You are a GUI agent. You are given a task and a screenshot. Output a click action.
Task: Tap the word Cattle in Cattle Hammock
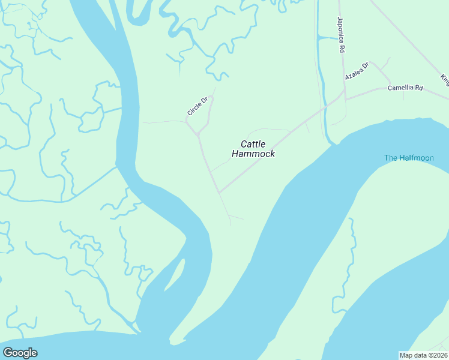click(253, 144)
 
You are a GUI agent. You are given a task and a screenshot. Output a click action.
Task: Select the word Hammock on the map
click(253, 154)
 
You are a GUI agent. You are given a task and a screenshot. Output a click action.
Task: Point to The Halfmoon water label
click(409, 158)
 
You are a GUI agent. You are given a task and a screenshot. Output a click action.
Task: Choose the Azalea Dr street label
click(357, 71)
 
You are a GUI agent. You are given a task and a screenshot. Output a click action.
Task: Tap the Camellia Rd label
click(405, 88)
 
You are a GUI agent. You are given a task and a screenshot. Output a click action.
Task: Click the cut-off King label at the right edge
click(444, 79)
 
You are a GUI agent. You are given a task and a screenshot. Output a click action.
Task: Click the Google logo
click(20, 353)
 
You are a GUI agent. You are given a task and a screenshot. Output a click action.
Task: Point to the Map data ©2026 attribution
click(424, 355)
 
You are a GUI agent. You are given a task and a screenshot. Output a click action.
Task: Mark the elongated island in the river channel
click(175, 274)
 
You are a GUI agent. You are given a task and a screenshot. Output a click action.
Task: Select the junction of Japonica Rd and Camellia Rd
click(345, 92)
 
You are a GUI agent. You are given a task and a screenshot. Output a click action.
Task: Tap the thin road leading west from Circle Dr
click(162, 122)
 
